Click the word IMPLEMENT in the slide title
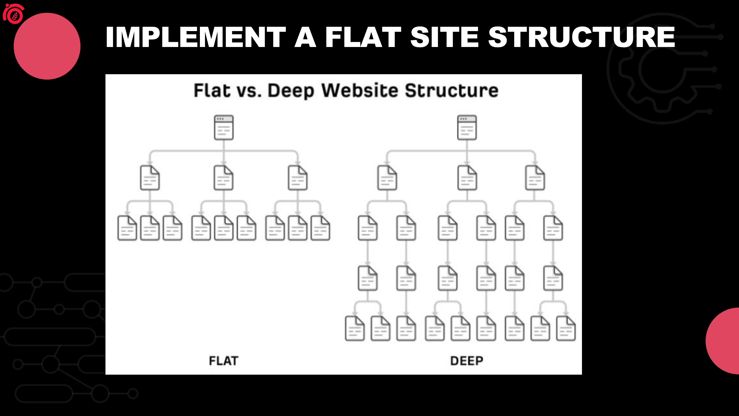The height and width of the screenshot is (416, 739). tap(196, 37)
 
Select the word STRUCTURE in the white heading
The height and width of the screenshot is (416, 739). tap(581, 37)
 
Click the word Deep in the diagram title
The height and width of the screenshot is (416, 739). tap(291, 91)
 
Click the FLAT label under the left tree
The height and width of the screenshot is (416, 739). tap(223, 361)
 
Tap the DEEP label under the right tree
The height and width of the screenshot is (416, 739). tap(467, 361)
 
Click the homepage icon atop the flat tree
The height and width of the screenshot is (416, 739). tap(224, 127)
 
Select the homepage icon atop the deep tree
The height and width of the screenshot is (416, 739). tap(467, 127)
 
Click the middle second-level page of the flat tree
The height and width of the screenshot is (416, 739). tap(224, 178)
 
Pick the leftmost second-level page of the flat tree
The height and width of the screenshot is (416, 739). tap(150, 178)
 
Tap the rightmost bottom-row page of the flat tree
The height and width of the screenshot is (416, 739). tap(320, 228)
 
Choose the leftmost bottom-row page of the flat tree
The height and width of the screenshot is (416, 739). tap(127, 228)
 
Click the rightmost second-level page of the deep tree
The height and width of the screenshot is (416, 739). tap(535, 178)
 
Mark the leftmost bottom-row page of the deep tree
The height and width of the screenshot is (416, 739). tap(355, 328)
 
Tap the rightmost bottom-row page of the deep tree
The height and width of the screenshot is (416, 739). tap(566, 328)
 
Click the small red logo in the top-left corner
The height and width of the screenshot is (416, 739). tap(14, 14)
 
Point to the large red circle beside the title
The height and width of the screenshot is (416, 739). tap(47, 46)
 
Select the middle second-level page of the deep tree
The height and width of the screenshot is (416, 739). tap(467, 178)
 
